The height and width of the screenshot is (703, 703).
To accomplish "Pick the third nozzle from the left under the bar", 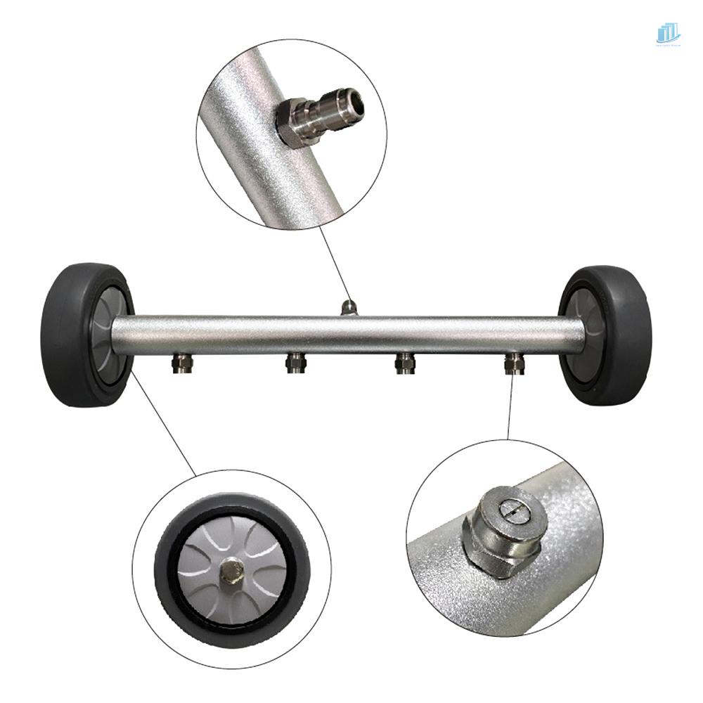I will (406, 363).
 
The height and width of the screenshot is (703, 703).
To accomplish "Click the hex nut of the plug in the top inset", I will (289, 122).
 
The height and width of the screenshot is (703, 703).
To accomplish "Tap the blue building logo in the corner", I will (668, 33).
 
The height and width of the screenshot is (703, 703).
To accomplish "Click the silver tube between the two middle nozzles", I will (350, 333).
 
